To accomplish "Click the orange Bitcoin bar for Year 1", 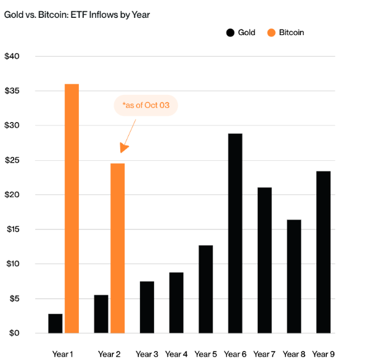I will point(72,208).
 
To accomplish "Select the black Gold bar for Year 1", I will point(56,323).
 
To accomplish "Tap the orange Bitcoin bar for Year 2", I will point(118,248).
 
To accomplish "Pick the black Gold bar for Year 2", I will point(101,314).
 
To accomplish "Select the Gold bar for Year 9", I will point(323,252).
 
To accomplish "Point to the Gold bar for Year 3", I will point(147,307).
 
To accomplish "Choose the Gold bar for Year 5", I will point(205,289).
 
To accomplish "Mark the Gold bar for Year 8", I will point(294,276).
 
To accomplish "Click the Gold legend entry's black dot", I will point(230,33).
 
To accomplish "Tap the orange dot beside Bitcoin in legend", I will point(271,33).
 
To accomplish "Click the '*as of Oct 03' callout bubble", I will point(146,105).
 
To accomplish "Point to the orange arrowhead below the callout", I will point(123,149).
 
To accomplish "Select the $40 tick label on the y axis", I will point(12,56).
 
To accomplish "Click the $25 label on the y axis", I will point(12,160).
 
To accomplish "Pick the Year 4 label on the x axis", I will point(176,354).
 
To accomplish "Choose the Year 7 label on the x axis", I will point(265,354).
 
